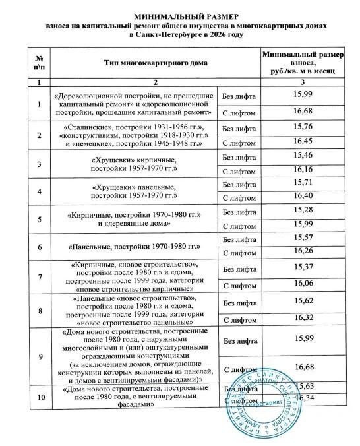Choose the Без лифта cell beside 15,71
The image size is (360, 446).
(239, 184)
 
